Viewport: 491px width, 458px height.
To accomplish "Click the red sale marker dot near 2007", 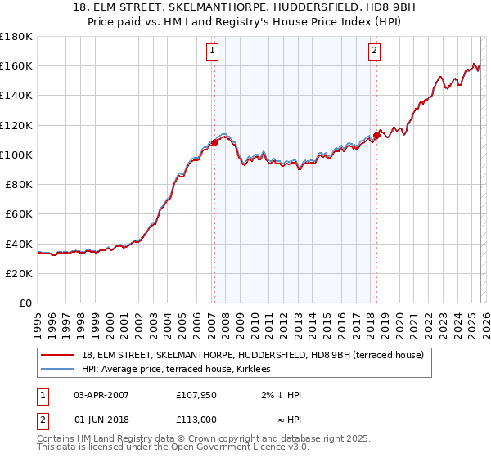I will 214,142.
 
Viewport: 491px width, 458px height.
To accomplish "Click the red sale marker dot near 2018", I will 376,135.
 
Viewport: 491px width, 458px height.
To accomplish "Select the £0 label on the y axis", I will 25,303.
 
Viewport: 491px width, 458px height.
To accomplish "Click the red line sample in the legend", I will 59,355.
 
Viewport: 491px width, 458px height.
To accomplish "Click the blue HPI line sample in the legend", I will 59,369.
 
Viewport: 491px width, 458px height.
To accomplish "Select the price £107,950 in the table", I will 195,395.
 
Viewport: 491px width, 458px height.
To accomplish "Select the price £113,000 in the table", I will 195,420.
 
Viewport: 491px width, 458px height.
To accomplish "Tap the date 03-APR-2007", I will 101,395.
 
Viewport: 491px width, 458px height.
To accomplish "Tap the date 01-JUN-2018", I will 101,420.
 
